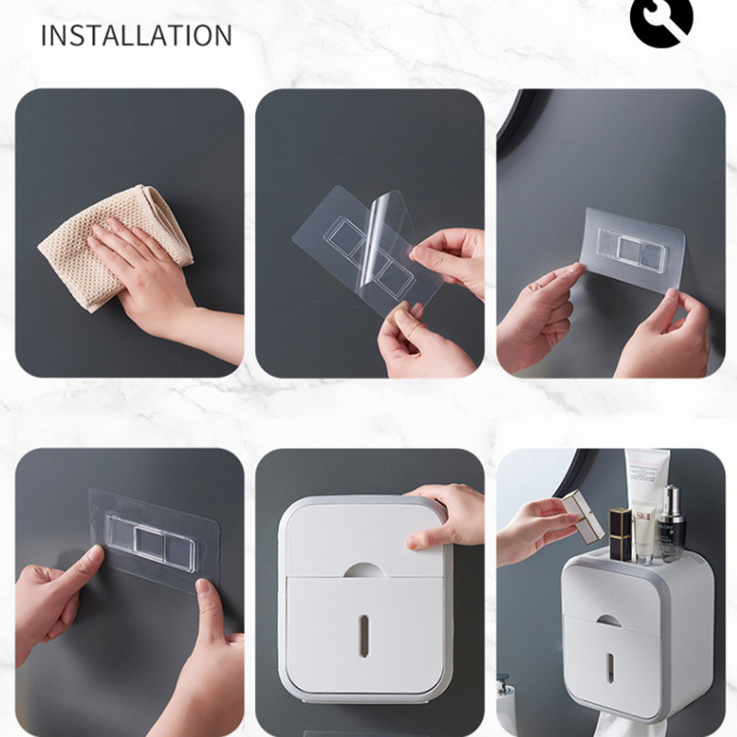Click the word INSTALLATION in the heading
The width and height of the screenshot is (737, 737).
[136, 35]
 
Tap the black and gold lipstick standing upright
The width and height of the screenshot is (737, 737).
[620, 534]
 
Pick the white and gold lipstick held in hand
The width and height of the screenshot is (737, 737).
[583, 516]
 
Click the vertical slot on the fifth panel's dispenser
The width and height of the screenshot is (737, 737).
[363, 636]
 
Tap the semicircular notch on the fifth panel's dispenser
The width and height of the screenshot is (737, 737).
[364, 570]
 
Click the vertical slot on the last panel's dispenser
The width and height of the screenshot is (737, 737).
[610, 668]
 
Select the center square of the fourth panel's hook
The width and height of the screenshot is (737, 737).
[149, 543]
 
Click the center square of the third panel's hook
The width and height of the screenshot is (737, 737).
[631, 249]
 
